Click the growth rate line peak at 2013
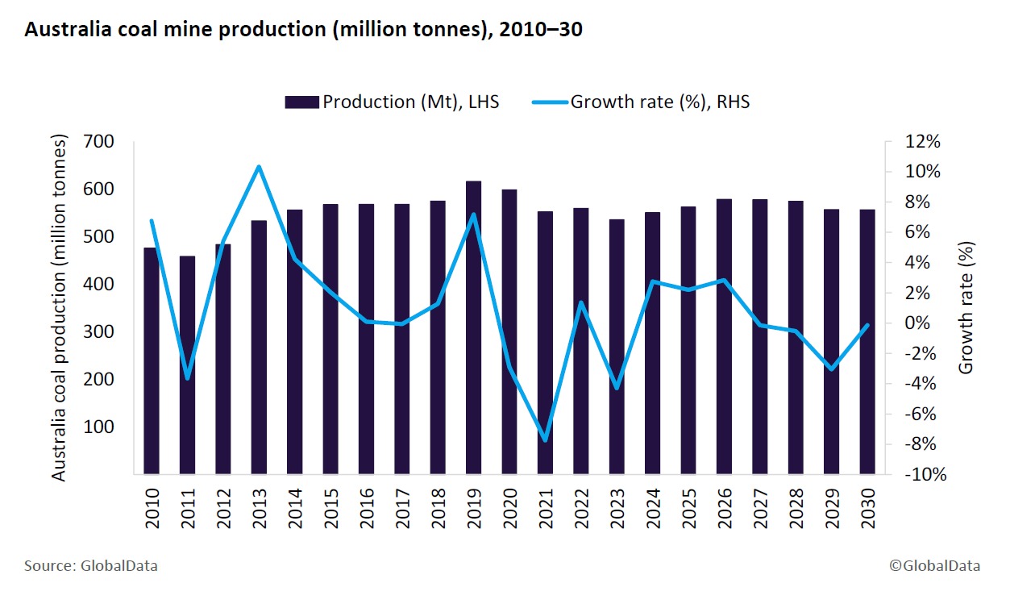[258, 167]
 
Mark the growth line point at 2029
[831, 369]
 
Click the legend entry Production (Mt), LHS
[392, 102]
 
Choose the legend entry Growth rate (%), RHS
[641, 102]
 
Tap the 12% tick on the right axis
[923, 142]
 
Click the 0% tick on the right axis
[926, 323]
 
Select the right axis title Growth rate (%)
[966, 308]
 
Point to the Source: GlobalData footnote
[91, 566]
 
